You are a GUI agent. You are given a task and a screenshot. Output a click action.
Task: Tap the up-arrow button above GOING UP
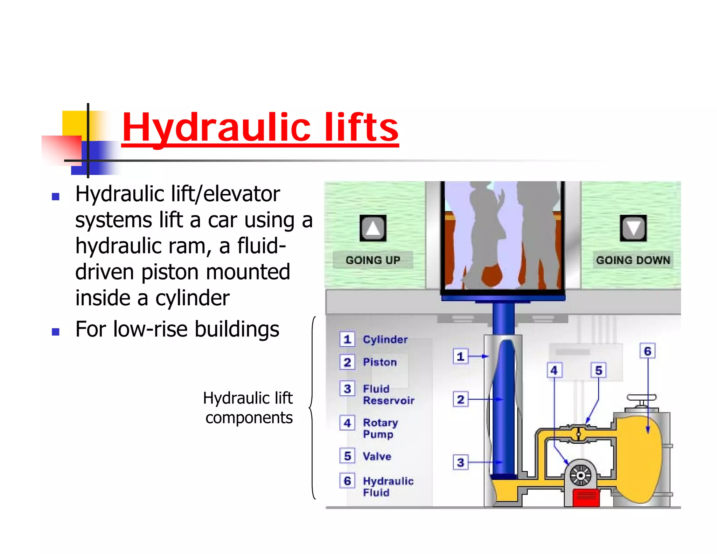pos(373,228)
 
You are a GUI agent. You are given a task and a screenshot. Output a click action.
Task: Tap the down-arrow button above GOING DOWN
pos(633,228)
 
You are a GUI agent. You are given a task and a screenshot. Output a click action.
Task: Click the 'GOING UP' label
pos(373,260)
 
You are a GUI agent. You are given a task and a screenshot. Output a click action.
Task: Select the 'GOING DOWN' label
pos(633,260)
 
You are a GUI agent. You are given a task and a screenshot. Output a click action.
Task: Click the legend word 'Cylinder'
pos(385,339)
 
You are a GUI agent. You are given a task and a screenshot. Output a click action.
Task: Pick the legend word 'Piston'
pos(380,362)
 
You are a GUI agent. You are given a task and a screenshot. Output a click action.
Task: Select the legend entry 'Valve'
pos(377,456)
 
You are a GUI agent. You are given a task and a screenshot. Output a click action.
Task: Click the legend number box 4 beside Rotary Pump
pos(347,423)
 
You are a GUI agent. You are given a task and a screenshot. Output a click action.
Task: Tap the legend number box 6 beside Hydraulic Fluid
pos(347,481)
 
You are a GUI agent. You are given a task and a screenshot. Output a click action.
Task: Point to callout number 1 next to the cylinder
pos(460,356)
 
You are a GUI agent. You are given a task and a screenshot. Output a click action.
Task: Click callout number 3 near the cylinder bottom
pos(460,463)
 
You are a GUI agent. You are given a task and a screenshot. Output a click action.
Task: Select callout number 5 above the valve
pos(599,371)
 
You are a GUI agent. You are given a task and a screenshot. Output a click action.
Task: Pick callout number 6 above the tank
pos(648,351)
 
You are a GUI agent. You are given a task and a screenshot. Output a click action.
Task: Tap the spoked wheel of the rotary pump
pos(580,475)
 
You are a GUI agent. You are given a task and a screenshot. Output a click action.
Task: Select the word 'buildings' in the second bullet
pos(237,330)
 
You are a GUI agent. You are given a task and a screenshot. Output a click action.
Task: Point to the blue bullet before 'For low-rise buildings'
pos(55,331)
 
